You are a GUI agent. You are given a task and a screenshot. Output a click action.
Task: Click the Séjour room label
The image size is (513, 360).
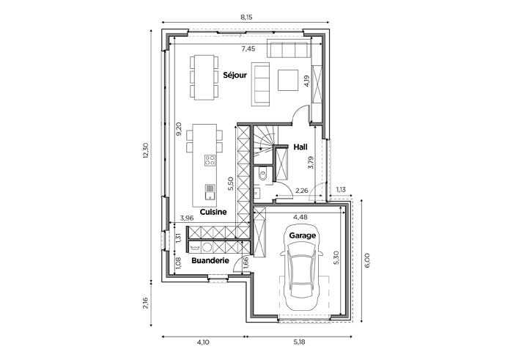[235, 75]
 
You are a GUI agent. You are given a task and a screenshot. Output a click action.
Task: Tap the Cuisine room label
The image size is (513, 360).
[213, 212]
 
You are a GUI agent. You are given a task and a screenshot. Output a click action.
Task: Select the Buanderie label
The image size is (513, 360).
[210, 260]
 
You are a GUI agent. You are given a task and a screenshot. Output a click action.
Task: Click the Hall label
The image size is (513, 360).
[300, 147]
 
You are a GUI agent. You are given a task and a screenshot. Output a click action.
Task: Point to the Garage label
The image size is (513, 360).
[302, 235]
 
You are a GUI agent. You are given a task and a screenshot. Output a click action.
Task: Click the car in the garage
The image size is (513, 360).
[302, 268]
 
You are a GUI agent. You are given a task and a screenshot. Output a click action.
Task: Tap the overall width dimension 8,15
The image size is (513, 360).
[247, 18]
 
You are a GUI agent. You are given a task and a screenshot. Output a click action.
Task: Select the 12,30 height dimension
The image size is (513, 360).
[146, 150]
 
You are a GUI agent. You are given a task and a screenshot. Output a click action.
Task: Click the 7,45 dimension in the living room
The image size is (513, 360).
[248, 49]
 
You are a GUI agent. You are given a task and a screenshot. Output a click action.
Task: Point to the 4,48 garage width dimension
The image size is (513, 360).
[300, 216]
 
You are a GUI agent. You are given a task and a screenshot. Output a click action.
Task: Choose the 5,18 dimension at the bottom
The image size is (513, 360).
[299, 342]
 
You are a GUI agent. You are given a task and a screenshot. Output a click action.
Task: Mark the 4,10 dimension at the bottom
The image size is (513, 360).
[203, 342]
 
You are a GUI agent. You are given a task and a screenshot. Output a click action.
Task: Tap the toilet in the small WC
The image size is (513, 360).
[262, 174]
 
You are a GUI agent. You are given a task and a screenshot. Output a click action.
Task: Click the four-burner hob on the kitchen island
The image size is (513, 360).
[210, 160]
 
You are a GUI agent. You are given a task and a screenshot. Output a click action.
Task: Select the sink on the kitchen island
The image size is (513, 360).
[210, 192]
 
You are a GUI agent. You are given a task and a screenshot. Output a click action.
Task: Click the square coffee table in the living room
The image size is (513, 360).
[288, 80]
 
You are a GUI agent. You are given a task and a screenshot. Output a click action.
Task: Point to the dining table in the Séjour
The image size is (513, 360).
[204, 77]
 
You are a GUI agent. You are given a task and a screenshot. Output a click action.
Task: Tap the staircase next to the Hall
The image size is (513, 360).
[264, 144]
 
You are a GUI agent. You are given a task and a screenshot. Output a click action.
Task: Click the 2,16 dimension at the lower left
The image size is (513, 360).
[146, 303]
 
